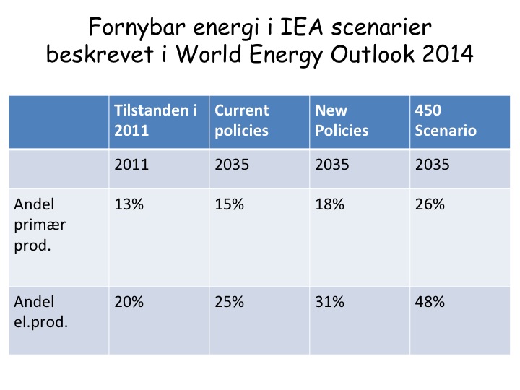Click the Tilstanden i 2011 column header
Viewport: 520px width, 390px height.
155,121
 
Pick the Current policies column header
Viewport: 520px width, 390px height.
241,121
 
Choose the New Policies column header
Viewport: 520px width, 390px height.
342,121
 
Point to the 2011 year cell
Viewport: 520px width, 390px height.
131,165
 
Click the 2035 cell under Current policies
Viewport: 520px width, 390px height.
232,165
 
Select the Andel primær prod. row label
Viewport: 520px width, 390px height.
40,224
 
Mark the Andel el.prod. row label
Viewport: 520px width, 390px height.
40,311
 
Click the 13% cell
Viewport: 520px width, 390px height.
129,204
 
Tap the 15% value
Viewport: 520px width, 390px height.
230,204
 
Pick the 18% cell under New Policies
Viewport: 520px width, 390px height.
330,204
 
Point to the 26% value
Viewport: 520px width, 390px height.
430,204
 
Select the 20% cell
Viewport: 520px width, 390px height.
129,302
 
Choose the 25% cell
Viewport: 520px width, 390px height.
230,302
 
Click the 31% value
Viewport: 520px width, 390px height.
330,302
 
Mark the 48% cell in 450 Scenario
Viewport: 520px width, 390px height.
430,302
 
